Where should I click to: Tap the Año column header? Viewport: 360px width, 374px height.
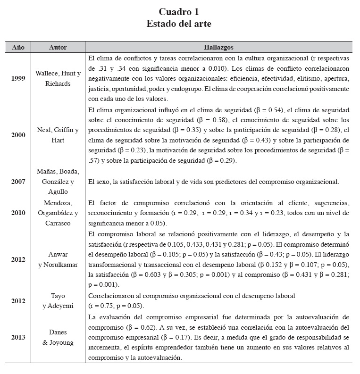(x=18, y=47)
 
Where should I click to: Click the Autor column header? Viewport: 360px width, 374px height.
(x=58, y=47)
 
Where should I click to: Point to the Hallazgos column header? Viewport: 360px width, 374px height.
(x=218, y=47)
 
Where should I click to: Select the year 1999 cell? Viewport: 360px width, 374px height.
(x=18, y=78)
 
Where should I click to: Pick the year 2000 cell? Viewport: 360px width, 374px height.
(x=18, y=134)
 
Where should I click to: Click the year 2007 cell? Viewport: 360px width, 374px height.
(x=18, y=182)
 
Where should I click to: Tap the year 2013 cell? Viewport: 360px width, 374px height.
(x=18, y=337)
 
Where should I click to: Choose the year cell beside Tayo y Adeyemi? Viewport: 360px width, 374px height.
(x=18, y=300)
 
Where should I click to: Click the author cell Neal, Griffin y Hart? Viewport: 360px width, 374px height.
(x=58, y=134)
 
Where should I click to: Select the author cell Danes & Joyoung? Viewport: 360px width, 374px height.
(x=58, y=337)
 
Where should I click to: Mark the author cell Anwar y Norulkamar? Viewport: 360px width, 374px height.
(x=58, y=259)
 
